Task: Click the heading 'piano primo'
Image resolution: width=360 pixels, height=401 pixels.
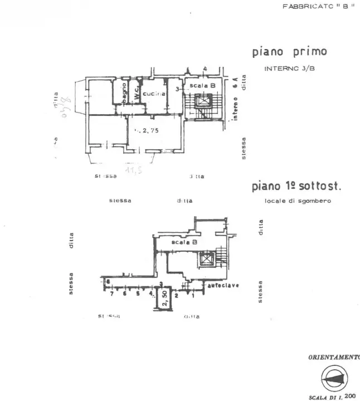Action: [x=289, y=52]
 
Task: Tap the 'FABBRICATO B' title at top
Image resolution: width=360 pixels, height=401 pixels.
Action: [x=318, y=7]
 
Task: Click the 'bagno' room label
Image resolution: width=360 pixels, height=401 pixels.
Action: [x=124, y=93]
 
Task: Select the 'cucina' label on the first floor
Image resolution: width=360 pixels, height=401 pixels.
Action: [x=154, y=95]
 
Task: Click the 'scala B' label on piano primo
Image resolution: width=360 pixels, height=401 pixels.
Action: [x=202, y=86]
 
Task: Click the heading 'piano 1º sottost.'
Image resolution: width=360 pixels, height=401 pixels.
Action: [x=296, y=187]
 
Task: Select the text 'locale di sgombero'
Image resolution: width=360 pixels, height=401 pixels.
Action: [x=297, y=200]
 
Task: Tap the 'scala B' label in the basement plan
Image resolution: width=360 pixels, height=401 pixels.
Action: [x=184, y=243]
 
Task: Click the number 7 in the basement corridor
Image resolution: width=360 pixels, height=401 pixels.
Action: [x=113, y=293]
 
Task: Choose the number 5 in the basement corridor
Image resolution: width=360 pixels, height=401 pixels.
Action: [x=138, y=293]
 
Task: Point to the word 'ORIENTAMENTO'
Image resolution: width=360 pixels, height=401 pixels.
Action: [x=334, y=357]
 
